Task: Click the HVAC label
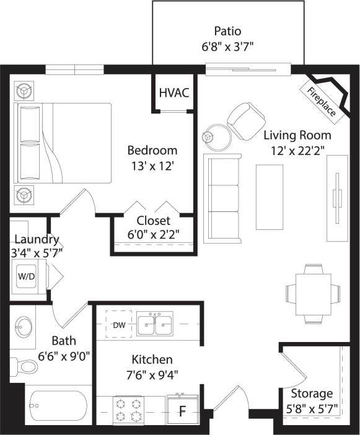174,93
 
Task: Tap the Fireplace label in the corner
322,101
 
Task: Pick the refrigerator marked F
183,410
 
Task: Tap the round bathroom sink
24,325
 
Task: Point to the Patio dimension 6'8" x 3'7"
227,46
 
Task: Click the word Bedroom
152,150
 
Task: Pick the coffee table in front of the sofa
270,188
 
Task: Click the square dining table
314,292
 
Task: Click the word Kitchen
152,359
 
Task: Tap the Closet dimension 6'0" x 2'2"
153,235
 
